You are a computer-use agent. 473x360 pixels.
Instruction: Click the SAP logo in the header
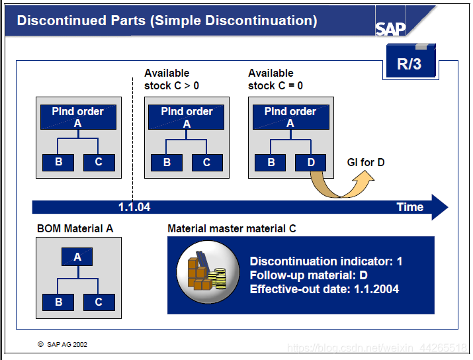tap(391, 28)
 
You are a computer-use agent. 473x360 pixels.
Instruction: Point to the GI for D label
tap(366, 162)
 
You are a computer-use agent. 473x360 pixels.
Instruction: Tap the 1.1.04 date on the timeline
tap(134, 207)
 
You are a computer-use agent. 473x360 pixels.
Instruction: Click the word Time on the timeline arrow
tap(409, 207)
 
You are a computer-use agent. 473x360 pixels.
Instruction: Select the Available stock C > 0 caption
tap(171, 79)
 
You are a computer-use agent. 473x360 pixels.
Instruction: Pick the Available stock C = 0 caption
tap(276, 79)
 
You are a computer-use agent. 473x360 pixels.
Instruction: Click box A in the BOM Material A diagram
tap(77, 257)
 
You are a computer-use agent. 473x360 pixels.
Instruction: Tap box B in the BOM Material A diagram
tap(59, 302)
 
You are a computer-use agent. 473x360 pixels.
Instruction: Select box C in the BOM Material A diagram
tap(99, 302)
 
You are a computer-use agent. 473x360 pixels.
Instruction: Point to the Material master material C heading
tap(232, 229)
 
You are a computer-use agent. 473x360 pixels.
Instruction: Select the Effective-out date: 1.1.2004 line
tap(324, 289)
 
